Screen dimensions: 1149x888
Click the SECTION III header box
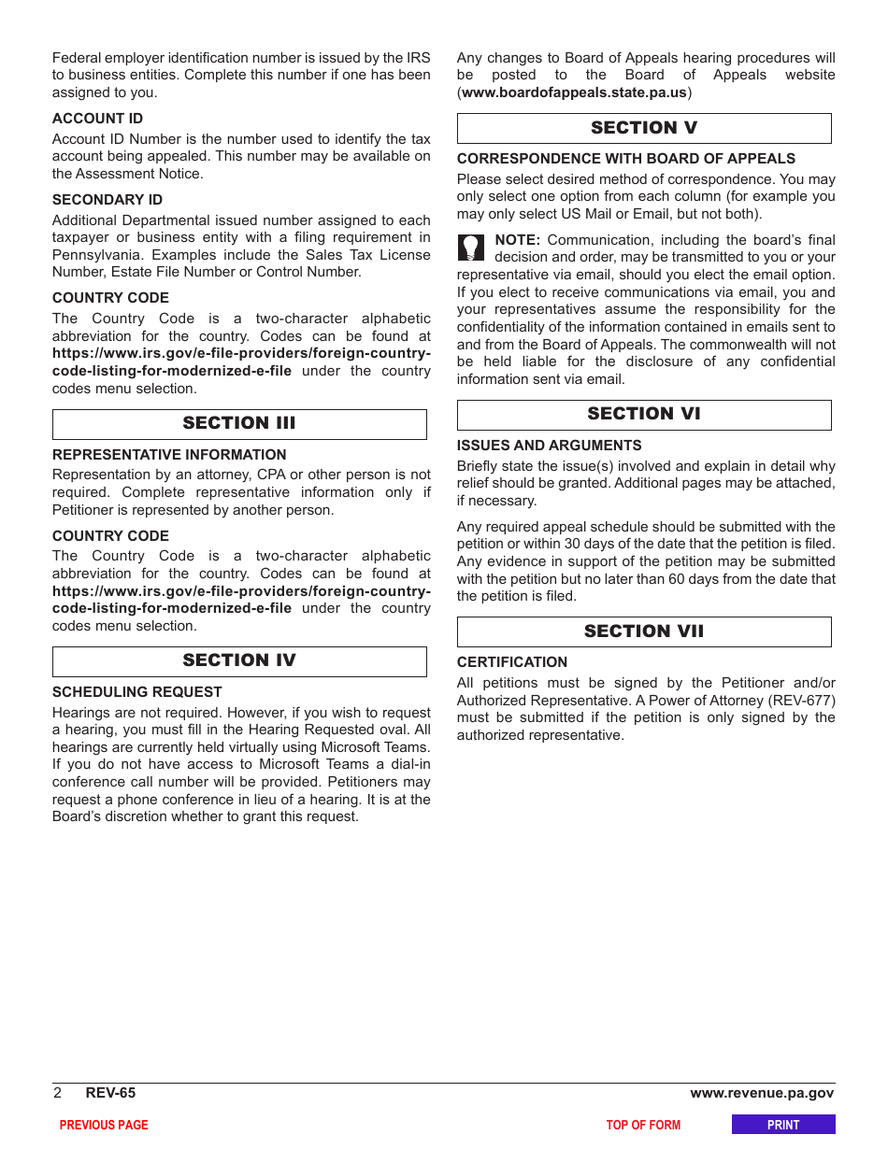coord(239,424)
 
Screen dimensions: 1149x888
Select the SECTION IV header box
coord(239,661)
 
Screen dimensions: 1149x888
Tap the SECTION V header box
coord(644,129)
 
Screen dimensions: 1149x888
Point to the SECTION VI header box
coord(644,415)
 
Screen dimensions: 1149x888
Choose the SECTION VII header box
coord(644,632)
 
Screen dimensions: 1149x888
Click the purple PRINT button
coord(783,1125)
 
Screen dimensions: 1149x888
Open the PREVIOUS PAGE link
coord(104,1125)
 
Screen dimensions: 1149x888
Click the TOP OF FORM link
coord(643,1125)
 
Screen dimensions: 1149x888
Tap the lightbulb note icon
coord(472,248)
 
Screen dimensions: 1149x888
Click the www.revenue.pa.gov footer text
coord(762,1093)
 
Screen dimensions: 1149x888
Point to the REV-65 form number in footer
coord(110,1093)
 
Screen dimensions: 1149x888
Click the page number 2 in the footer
coord(57,1093)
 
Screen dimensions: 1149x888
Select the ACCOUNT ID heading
coord(97,119)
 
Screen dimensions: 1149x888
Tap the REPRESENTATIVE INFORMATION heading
coord(169,455)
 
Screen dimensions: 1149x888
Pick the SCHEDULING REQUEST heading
coord(137,692)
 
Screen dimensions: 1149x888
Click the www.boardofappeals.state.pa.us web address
coord(574,92)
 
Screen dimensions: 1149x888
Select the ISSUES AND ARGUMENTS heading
coord(550,446)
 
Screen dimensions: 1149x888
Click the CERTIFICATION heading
coord(512,662)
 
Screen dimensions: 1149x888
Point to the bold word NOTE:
coord(517,240)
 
